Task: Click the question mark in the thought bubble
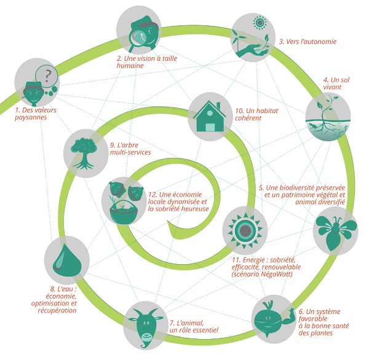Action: (47, 76)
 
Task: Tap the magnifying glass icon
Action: (137, 39)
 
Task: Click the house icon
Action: (210, 116)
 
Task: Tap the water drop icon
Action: (67, 259)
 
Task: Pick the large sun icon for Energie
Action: (245, 230)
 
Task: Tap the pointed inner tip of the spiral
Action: (167, 222)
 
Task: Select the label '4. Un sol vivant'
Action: (336, 84)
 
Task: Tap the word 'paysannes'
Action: (31, 117)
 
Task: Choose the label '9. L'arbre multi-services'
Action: (130, 149)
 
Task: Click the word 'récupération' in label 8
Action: (57, 310)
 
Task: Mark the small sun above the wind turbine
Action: (260, 23)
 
